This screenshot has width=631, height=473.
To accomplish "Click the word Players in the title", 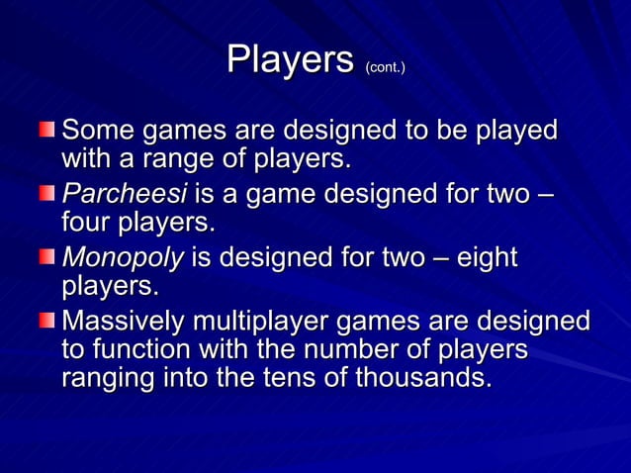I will [290, 60].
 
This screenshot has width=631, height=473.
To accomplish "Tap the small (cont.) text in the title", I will [386, 67].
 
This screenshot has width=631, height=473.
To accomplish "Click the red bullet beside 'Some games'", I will [48, 131].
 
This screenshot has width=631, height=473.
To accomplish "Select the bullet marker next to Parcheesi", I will [48, 195].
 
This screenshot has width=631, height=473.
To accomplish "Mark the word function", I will [135, 351].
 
